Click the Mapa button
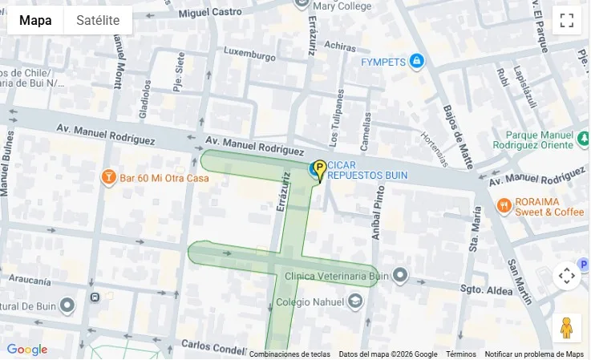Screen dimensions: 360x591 pyautogui.click(x=35, y=21)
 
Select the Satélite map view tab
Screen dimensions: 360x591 pyautogui.click(x=98, y=21)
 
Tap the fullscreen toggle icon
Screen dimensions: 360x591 pyautogui.click(x=566, y=21)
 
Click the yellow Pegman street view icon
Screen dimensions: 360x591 pyautogui.click(x=566, y=328)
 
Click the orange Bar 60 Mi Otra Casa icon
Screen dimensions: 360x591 pyautogui.click(x=108, y=177)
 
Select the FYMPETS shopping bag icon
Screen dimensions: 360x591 pyautogui.click(x=415, y=61)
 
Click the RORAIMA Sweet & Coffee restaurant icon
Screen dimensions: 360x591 pyautogui.click(x=504, y=205)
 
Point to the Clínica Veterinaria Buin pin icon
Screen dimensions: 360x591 pyautogui.click(x=399, y=277)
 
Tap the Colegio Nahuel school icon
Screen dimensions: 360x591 pyautogui.click(x=355, y=301)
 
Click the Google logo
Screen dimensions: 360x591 pyautogui.click(x=27, y=350)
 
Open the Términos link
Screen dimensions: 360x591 pyautogui.click(x=460, y=354)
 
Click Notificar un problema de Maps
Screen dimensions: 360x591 pyautogui.click(x=534, y=354)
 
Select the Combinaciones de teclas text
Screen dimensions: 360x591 pyautogui.click(x=289, y=354)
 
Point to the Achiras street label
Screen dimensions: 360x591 pyautogui.click(x=341, y=47)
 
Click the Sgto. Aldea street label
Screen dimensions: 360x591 pyautogui.click(x=487, y=289)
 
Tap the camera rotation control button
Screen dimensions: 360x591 pyautogui.click(x=566, y=276)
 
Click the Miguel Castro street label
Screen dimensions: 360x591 pyautogui.click(x=209, y=12)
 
